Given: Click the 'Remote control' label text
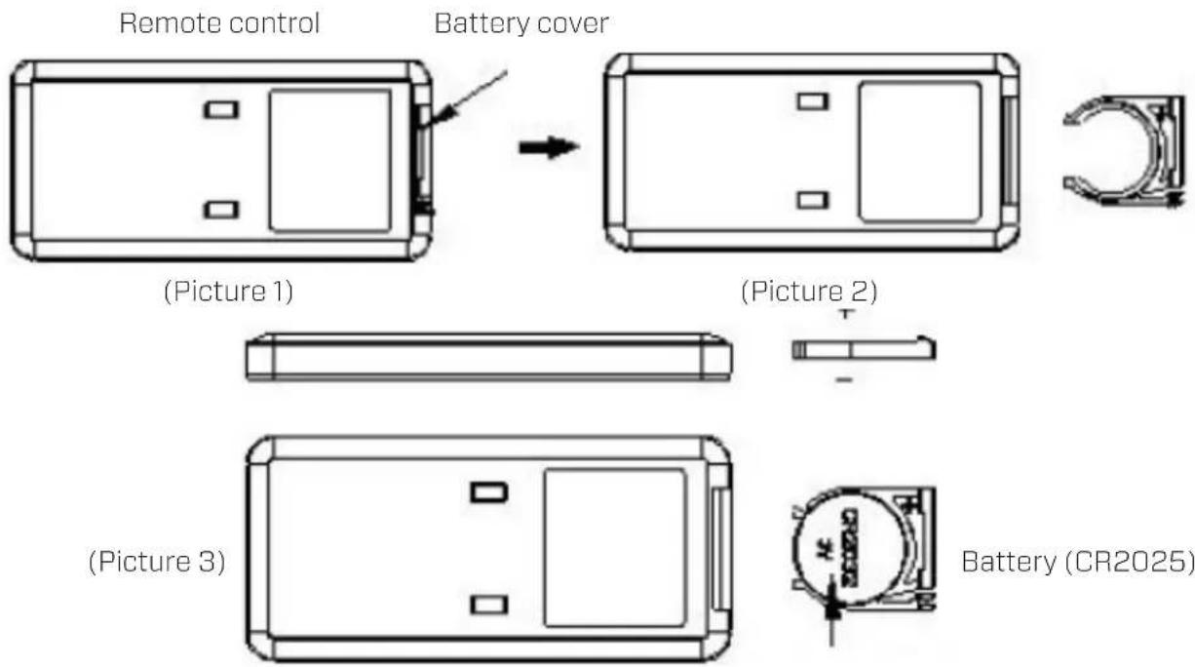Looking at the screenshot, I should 219,24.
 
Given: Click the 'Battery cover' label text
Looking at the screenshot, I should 521,24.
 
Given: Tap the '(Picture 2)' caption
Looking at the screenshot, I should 809,292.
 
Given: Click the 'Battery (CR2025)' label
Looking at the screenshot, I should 1077,563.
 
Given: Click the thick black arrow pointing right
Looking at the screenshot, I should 548,149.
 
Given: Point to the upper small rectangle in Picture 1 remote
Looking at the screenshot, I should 221,109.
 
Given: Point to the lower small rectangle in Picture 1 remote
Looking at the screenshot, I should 221,210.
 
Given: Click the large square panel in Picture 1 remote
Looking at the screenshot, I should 330,161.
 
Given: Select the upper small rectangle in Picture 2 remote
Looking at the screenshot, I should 811,100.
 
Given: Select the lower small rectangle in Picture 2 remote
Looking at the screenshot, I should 811,200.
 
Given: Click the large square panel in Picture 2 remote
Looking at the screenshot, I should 919,150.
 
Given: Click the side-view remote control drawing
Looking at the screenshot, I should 488,358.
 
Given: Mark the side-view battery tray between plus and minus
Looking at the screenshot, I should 864,350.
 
